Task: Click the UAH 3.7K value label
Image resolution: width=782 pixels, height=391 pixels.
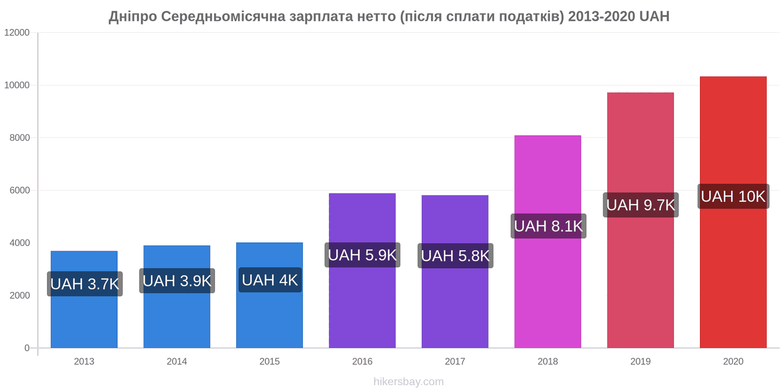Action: (x=85, y=284)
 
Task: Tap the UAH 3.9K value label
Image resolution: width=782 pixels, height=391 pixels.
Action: (x=177, y=281)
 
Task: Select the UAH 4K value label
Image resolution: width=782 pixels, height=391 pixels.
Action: (x=270, y=280)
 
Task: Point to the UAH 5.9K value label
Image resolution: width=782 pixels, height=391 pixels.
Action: (x=362, y=255)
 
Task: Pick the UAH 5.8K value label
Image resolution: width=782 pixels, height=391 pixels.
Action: (x=455, y=256)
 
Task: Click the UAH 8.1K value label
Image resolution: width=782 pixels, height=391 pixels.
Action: (x=548, y=226)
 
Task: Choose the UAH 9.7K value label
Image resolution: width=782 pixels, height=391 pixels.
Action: (x=641, y=205)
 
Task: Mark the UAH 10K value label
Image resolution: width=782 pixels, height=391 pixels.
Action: (x=733, y=196)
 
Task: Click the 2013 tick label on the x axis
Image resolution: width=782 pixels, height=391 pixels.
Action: (x=84, y=362)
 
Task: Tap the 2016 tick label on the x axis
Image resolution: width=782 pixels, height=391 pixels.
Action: (x=362, y=362)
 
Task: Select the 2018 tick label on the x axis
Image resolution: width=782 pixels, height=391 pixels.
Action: (x=548, y=362)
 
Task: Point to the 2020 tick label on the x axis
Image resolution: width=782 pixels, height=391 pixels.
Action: (x=733, y=362)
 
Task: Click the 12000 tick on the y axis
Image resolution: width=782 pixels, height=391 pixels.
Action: (x=17, y=33)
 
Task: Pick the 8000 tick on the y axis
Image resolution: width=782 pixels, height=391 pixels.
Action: (x=20, y=138)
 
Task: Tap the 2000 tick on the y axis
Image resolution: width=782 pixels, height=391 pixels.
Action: (x=20, y=296)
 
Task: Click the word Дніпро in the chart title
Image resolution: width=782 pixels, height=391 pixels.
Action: (x=132, y=17)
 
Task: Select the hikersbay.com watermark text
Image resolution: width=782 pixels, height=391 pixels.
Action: (x=409, y=382)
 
